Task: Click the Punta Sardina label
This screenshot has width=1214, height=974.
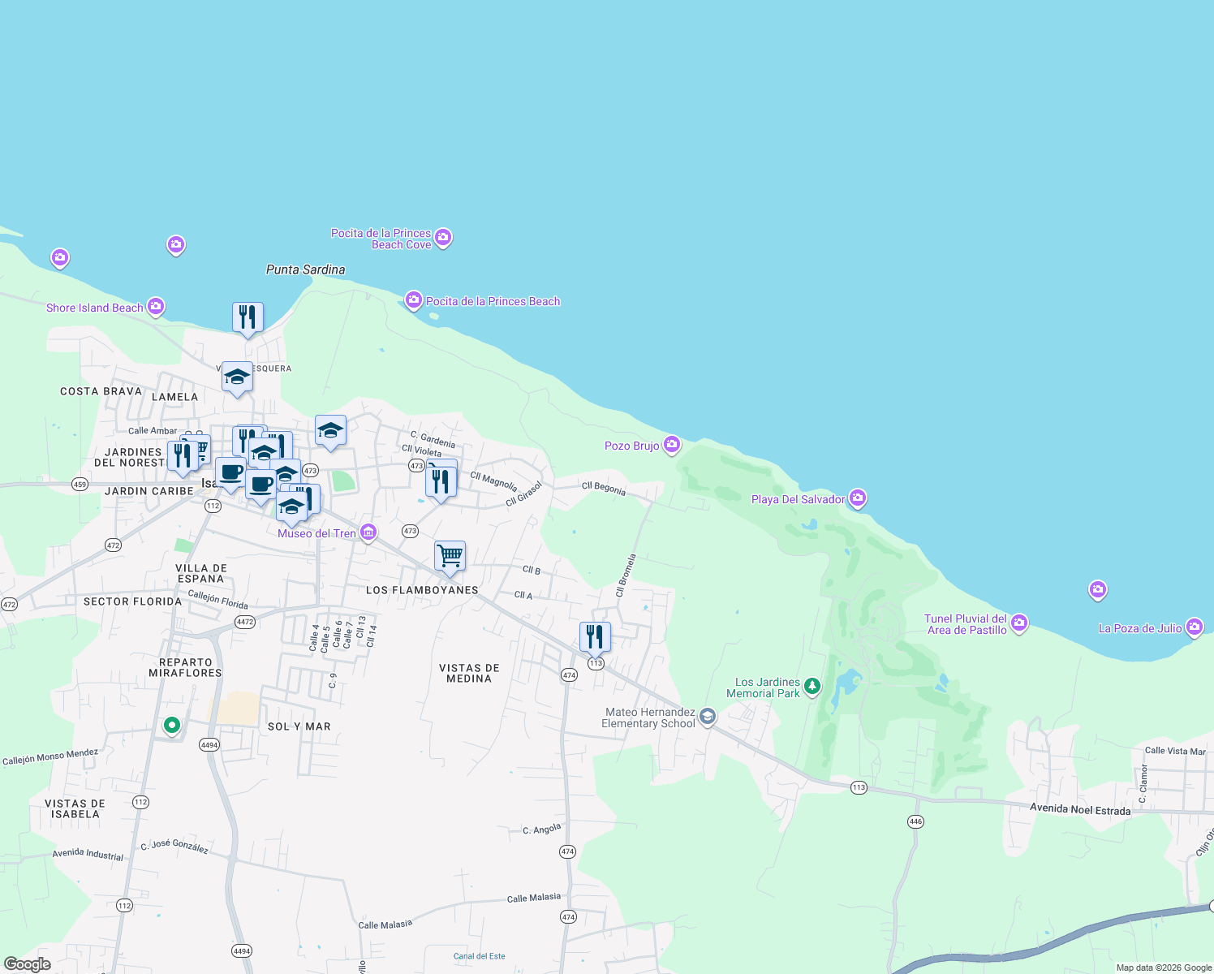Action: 305,269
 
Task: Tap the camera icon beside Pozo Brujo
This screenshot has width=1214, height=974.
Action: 671,444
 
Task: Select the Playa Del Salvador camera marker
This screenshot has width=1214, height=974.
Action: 857,498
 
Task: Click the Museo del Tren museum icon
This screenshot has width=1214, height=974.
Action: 368,532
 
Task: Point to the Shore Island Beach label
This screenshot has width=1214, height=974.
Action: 94,308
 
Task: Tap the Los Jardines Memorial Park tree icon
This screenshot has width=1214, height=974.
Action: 811,687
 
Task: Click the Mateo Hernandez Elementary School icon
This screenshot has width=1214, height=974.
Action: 708,716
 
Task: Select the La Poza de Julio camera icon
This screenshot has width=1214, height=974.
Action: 1193,627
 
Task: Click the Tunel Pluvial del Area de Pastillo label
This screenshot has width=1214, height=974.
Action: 966,624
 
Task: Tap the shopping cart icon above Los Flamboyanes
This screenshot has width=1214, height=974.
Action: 450,556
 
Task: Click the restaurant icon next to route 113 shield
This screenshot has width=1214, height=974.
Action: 595,637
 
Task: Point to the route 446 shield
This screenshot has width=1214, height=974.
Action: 915,821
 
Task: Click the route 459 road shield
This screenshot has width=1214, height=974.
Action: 80,485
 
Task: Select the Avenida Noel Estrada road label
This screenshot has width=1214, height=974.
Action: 1079,809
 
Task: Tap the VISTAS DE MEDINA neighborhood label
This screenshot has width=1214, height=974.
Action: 469,673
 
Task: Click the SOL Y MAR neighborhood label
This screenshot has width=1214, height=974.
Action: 299,726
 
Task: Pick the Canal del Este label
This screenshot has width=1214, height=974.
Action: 479,956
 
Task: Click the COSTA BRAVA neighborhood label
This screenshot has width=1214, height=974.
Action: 101,391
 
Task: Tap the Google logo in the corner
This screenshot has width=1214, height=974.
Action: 28,964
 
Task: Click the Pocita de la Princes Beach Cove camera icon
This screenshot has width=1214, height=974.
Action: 443,237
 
